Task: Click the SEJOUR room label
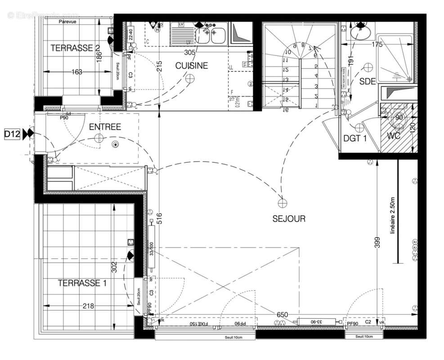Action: pos(289,219)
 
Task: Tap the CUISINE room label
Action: pos(192,66)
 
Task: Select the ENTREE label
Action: pos(105,127)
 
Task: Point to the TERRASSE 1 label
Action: pos(82,283)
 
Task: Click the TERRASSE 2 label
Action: pos(75,48)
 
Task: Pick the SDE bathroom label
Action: pos(368,81)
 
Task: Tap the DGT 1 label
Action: pos(355,139)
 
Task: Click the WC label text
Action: pos(394,135)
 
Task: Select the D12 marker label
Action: pos(12,134)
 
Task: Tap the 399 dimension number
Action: pos(378,243)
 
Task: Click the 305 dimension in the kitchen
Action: pos(190,52)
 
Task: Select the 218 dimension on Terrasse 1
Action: pos(88,306)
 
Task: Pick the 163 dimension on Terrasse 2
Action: pos(76,72)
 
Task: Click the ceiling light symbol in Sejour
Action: pos(282,203)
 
